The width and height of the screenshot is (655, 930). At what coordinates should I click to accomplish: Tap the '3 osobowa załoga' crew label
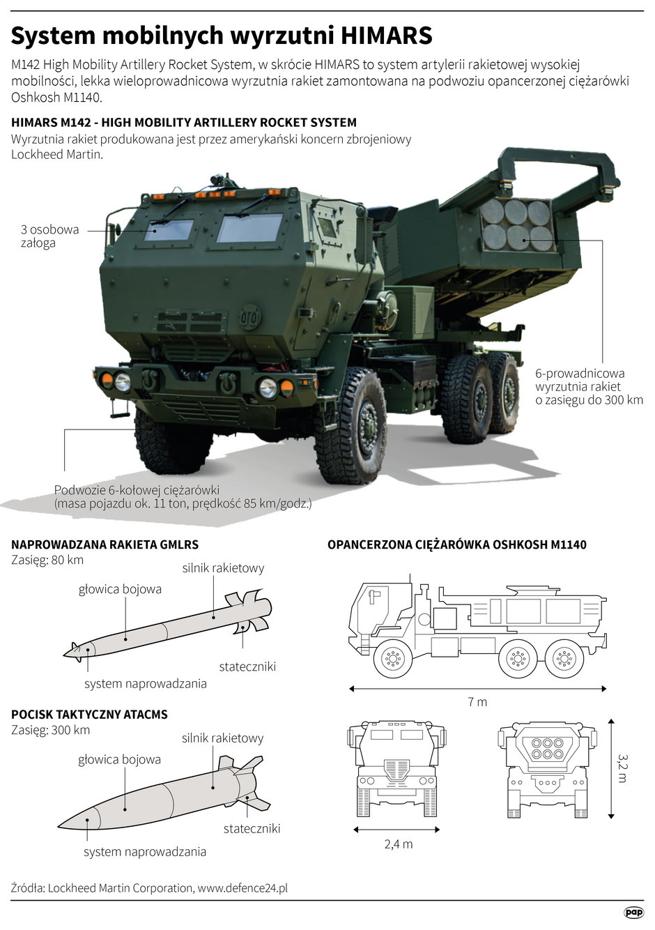click(x=49, y=236)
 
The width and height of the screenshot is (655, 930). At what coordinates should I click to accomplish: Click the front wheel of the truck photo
click(x=350, y=427)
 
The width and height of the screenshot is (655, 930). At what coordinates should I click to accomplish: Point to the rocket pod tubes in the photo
click(x=517, y=224)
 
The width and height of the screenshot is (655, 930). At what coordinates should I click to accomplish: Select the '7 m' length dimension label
click(x=477, y=702)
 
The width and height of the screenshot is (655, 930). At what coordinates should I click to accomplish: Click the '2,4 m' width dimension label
click(x=398, y=844)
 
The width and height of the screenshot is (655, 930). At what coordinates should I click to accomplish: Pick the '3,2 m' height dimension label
click(x=622, y=767)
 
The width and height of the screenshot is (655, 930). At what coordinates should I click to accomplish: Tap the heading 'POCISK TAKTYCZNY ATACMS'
click(x=89, y=715)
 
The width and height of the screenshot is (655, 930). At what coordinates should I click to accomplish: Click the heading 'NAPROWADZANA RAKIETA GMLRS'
click(x=105, y=544)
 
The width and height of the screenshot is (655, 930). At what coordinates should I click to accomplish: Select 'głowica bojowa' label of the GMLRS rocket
click(x=120, y=589)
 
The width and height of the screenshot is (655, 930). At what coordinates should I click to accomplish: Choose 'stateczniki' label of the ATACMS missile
click(x=252, y=828)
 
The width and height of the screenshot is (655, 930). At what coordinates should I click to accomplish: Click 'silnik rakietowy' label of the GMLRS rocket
click(x=223, y=568)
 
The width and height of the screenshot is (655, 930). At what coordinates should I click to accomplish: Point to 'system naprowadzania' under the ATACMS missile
click(x=145, y=852)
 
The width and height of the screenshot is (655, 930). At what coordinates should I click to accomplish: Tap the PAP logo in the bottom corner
click(x=633, y=912)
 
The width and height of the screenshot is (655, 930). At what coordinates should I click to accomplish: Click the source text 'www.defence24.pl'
click(x=242, y=888)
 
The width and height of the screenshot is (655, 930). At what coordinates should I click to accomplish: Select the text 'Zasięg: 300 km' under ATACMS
click(x=51, y=731)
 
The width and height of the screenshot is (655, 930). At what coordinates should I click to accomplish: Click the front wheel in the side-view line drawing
click(x=392, y=657)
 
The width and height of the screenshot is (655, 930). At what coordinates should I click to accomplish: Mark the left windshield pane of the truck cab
click(x=169, y=230)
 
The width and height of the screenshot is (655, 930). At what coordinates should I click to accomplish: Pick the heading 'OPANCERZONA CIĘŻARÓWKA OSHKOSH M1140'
click(x=457, y=544)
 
